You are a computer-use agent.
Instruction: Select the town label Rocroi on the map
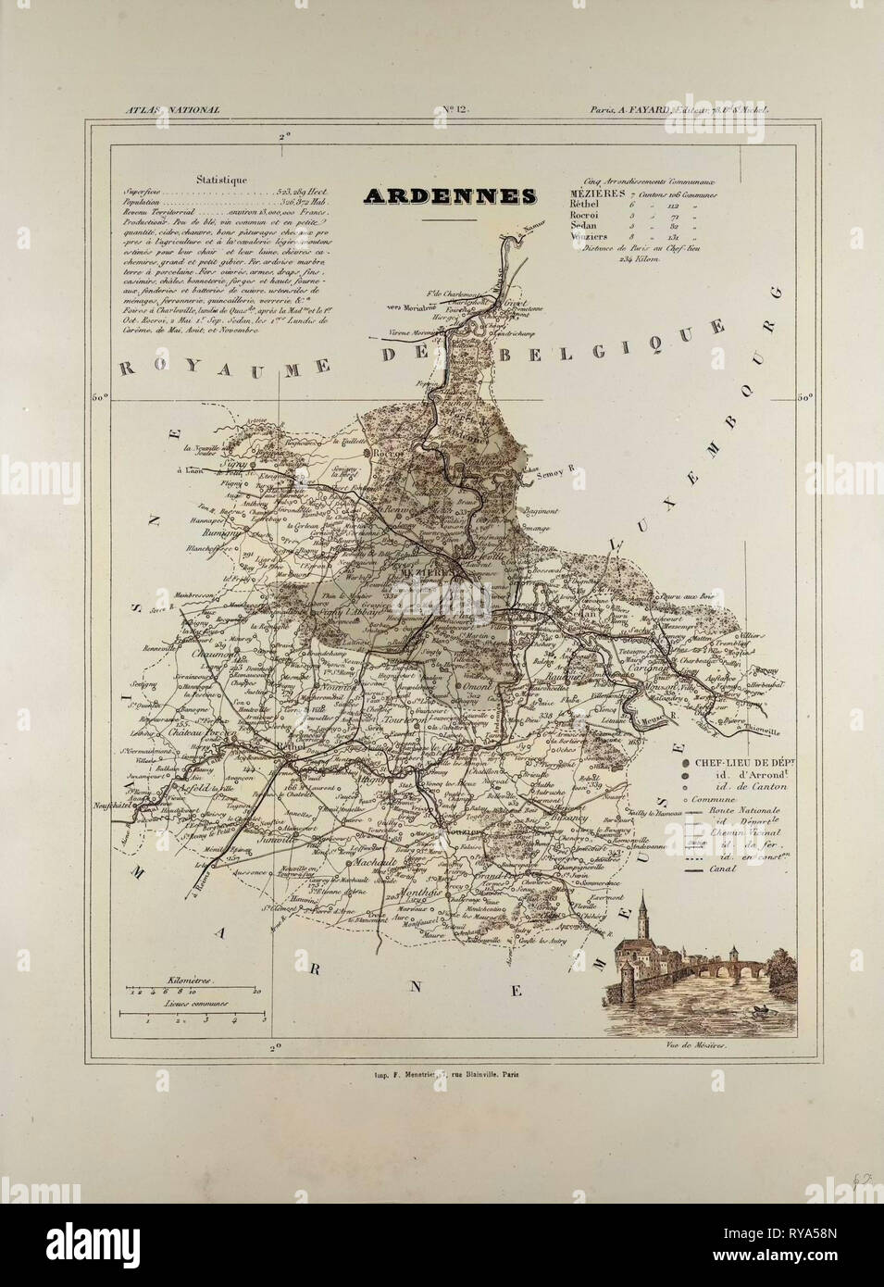(x=382, y=453)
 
